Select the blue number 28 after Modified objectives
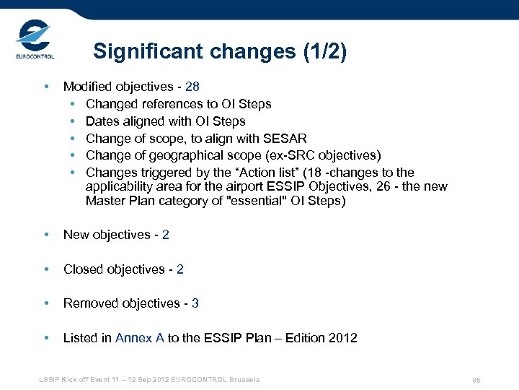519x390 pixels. (x=192, y=87)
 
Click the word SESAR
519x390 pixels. (x=290, y=139)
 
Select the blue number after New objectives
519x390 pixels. (x=166, y=235)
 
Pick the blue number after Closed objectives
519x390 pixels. (x=180, y=269)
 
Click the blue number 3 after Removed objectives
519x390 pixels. (x=195, y=303)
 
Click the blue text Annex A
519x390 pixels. (x=140, y=338)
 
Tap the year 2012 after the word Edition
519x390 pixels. (x=342, y=338)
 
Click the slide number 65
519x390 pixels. (x=476, y=380)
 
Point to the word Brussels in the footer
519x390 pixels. (x=244, y=379)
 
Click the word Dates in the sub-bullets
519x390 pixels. (x=102, y=121)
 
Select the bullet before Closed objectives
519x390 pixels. (x=46, y=269)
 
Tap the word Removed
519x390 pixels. (x=90, y=303)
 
